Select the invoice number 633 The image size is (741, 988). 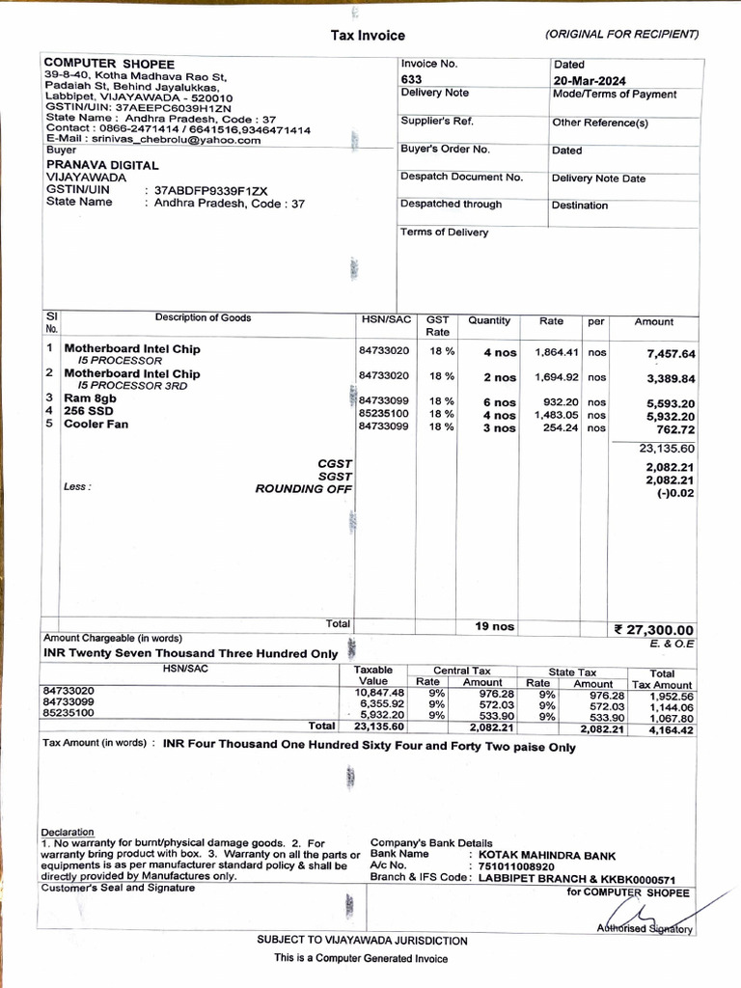tap(411, 79)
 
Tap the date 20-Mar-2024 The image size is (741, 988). tap(590, 80)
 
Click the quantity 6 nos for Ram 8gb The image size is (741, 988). tap(499, 402)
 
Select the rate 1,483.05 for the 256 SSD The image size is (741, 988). tap(556, 414)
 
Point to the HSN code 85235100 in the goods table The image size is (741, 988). tap(384, 413)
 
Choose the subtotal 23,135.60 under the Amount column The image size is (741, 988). tap(667, 449)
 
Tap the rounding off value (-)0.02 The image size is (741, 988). tap(674, 493)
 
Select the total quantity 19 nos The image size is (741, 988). tap(494, 626)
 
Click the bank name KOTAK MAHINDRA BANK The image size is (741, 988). tap(546, 855)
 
